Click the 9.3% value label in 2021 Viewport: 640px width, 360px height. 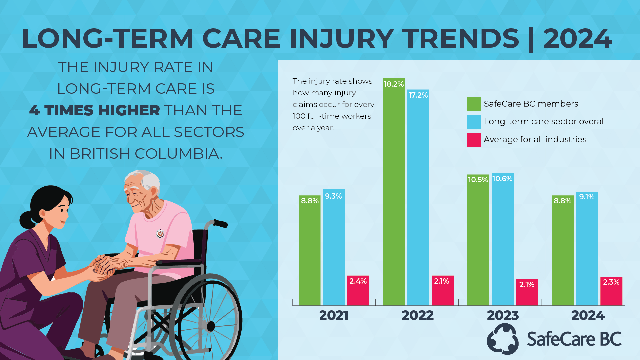333,196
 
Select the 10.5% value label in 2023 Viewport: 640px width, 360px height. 478,180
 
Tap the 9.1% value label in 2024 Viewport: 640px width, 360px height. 587,197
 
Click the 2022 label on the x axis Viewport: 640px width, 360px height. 418,315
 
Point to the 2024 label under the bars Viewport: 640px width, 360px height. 588,315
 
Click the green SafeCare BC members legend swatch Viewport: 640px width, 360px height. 473,104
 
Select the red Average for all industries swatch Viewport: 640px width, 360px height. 473,140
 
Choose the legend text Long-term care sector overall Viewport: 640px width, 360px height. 545,122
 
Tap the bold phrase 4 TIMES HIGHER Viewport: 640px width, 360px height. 95,110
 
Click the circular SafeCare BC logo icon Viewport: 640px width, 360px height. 503,339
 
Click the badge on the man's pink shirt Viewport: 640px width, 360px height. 160,234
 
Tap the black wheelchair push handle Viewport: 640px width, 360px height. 220,223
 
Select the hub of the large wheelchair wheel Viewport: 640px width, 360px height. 210,326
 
